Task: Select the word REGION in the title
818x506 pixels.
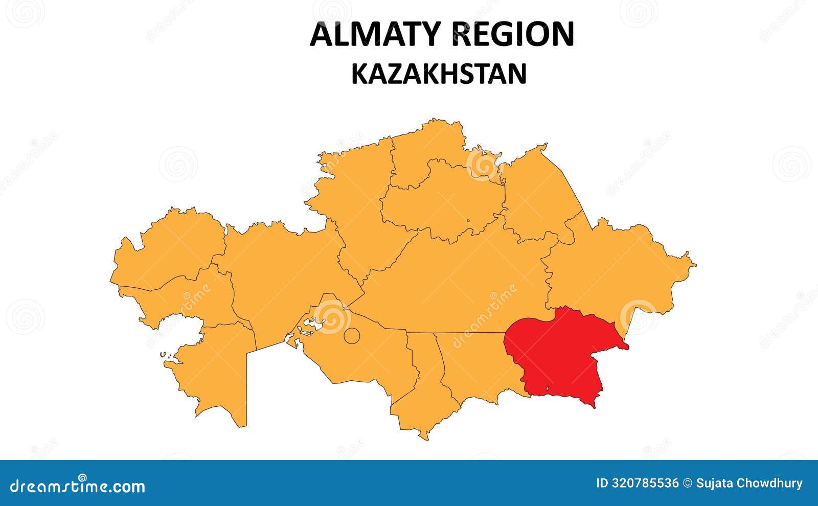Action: coord(513,34)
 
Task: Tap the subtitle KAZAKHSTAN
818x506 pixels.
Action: coord(439,74)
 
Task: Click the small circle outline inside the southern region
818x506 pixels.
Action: coord(351,335)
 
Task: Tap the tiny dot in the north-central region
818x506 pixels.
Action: coord(468,221)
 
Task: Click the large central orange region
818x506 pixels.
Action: coord(455,286)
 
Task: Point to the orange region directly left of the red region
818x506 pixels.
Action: coord(475,363)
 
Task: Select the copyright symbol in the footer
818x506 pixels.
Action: coord(688,484)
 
